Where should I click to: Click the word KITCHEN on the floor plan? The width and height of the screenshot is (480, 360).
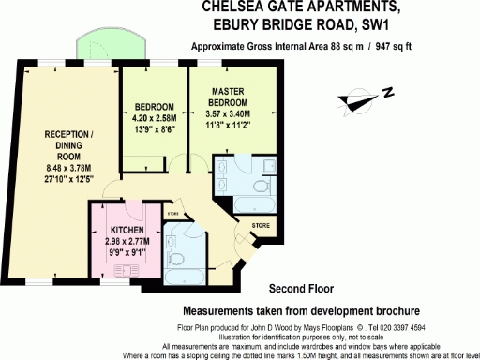pos(127,230)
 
